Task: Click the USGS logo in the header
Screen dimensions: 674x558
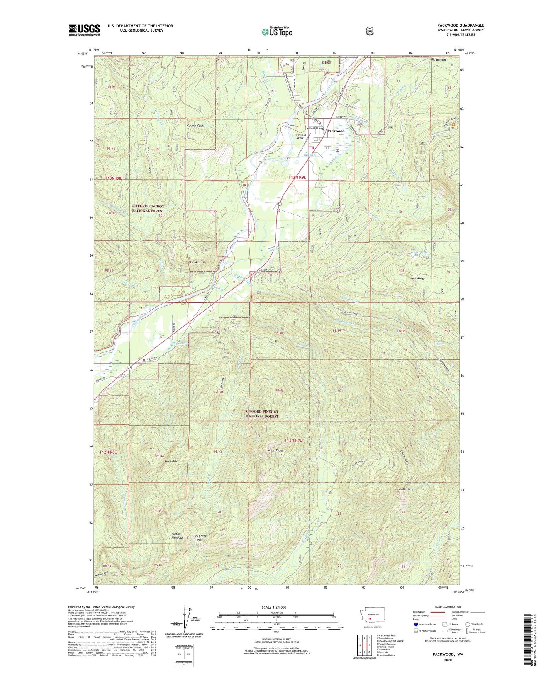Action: tap(84, 30)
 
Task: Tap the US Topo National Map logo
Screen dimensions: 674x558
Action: tap(276, 32)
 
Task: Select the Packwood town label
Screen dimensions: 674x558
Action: tap(336, 131)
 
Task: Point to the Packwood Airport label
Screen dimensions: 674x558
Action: tap(300, 137)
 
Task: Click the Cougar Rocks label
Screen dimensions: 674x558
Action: tap(195, 126)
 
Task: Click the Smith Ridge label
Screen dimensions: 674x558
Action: tap(275, 450)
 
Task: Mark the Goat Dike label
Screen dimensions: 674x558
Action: tap(171, 461)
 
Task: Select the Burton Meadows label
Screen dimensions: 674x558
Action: tap(178, 536)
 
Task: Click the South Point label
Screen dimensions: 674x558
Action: tap(406, 489)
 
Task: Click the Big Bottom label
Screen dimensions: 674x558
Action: tap(438, 60)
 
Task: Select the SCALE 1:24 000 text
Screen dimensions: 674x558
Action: tap(274, 607)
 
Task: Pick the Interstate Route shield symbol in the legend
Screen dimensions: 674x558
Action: tap(416, 624)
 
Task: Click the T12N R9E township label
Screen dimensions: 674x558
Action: tap(293, 440)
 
